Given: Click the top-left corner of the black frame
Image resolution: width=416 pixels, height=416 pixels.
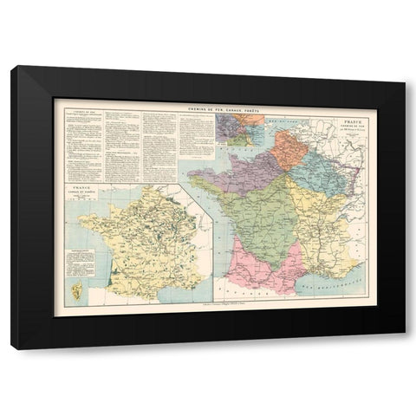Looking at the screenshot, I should coord(12,69).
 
